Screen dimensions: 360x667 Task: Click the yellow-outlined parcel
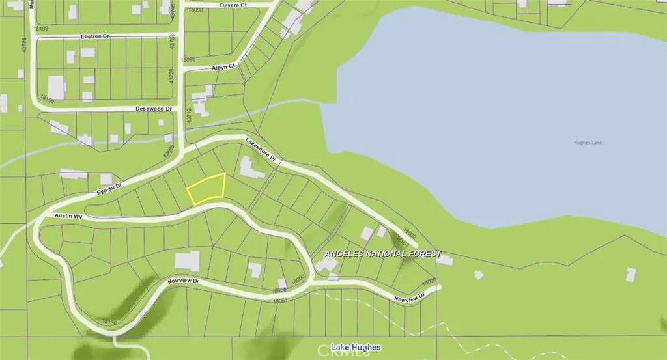206,189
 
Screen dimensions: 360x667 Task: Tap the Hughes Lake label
588,143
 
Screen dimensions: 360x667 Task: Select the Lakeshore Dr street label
261,149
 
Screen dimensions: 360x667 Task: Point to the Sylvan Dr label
109,188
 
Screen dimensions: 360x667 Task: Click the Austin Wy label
68,215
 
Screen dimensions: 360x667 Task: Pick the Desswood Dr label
153,109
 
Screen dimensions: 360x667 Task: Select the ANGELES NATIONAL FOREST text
382,253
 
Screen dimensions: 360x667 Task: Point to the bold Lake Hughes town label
355,347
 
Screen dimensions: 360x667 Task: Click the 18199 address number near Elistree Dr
40,29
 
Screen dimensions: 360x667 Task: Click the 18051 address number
279,300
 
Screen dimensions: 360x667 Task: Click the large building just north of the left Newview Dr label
187,261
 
